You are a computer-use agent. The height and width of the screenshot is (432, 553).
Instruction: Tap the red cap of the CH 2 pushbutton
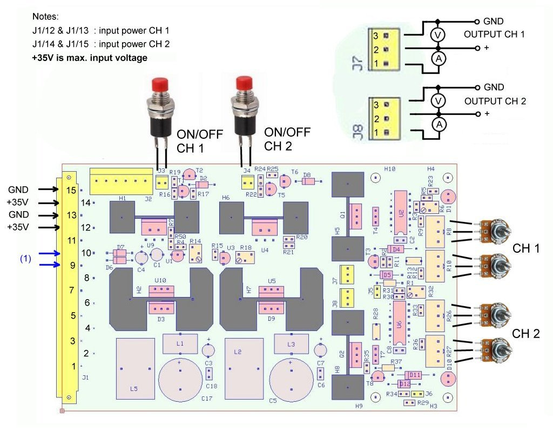click(x=245, y=83)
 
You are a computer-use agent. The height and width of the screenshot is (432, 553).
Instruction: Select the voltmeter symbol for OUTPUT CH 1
click(x=439, y=35)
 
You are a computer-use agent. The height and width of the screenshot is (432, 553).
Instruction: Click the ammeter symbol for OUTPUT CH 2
click(x=439, y=124)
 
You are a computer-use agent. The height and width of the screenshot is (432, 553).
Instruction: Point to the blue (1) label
click(x=26, y=258)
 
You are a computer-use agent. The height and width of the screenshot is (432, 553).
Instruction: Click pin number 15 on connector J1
click(x=69, y=190)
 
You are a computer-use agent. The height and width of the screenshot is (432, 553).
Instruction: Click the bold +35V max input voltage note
click(x=90, y=57)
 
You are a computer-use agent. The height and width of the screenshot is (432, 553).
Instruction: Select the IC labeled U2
click(x=400, y=213)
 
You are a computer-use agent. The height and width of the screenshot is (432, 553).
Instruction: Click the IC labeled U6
click(x=399, y=324)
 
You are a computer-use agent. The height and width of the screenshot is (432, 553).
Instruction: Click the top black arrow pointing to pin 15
click(x=45, y=190)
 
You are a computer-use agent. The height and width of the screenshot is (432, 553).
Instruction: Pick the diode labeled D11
click(x=414, y=375)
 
